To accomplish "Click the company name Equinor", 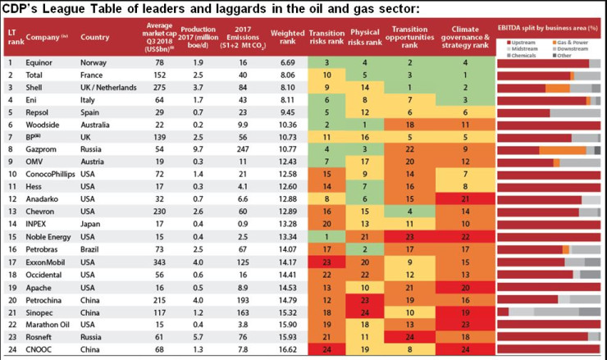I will pyautogui.click(x=39, y=62).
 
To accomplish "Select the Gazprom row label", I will pyautogui.click(x=40, y=150).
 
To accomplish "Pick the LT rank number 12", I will pyautogui.click(x=11, y=187).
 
